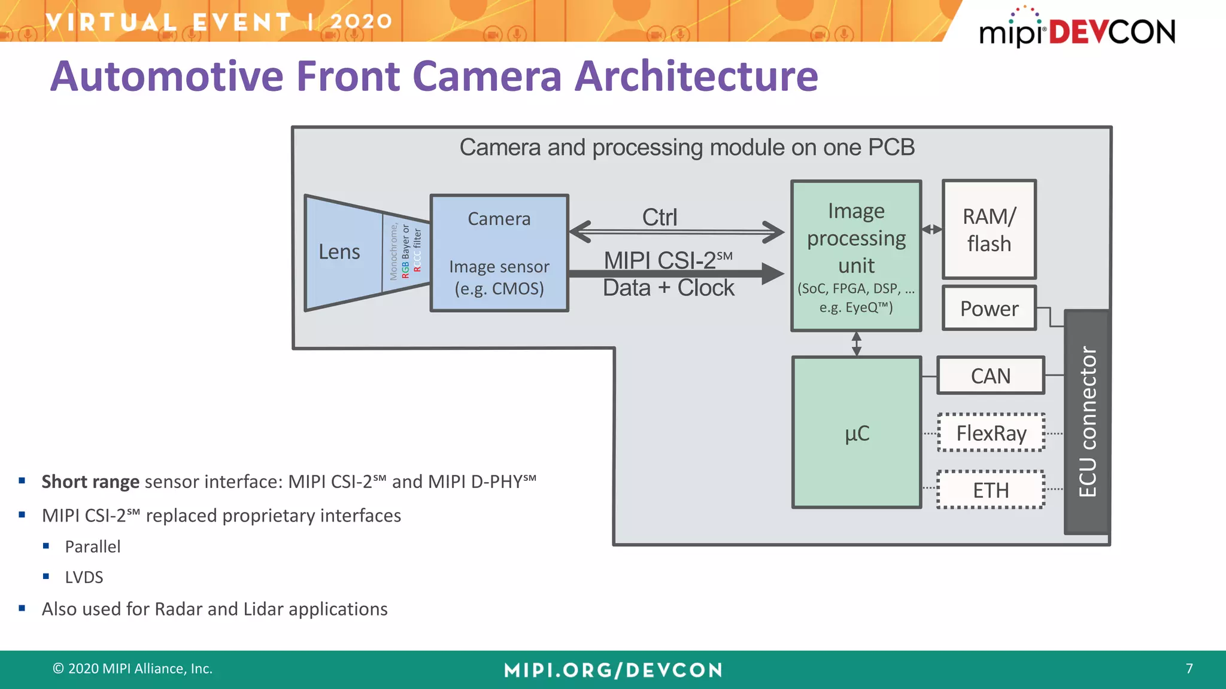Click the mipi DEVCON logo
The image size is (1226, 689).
(1076, 30)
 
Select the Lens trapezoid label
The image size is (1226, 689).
(339, 252)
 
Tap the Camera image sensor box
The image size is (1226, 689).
(499, 253)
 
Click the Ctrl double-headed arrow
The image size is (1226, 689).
(676, 231)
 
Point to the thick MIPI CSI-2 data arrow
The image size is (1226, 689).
(676, 274)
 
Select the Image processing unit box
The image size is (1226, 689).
(856, 255)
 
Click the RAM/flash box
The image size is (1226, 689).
(989, 230)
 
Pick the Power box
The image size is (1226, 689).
(989, 309)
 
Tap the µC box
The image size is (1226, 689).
(856, 432)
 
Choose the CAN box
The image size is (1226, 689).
(990, 376)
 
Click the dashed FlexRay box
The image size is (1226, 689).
(991, 432)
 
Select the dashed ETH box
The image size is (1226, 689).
(991, 490)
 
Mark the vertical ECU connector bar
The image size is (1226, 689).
(1087, 422)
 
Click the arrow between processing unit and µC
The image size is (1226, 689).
(857, 344)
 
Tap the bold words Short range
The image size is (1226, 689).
(90, 481)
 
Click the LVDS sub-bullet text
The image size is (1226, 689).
(84, 577)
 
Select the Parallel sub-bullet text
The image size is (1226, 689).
(93, 547)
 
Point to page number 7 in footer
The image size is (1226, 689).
(1189, 668)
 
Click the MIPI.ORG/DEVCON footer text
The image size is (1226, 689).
(613, 670)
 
